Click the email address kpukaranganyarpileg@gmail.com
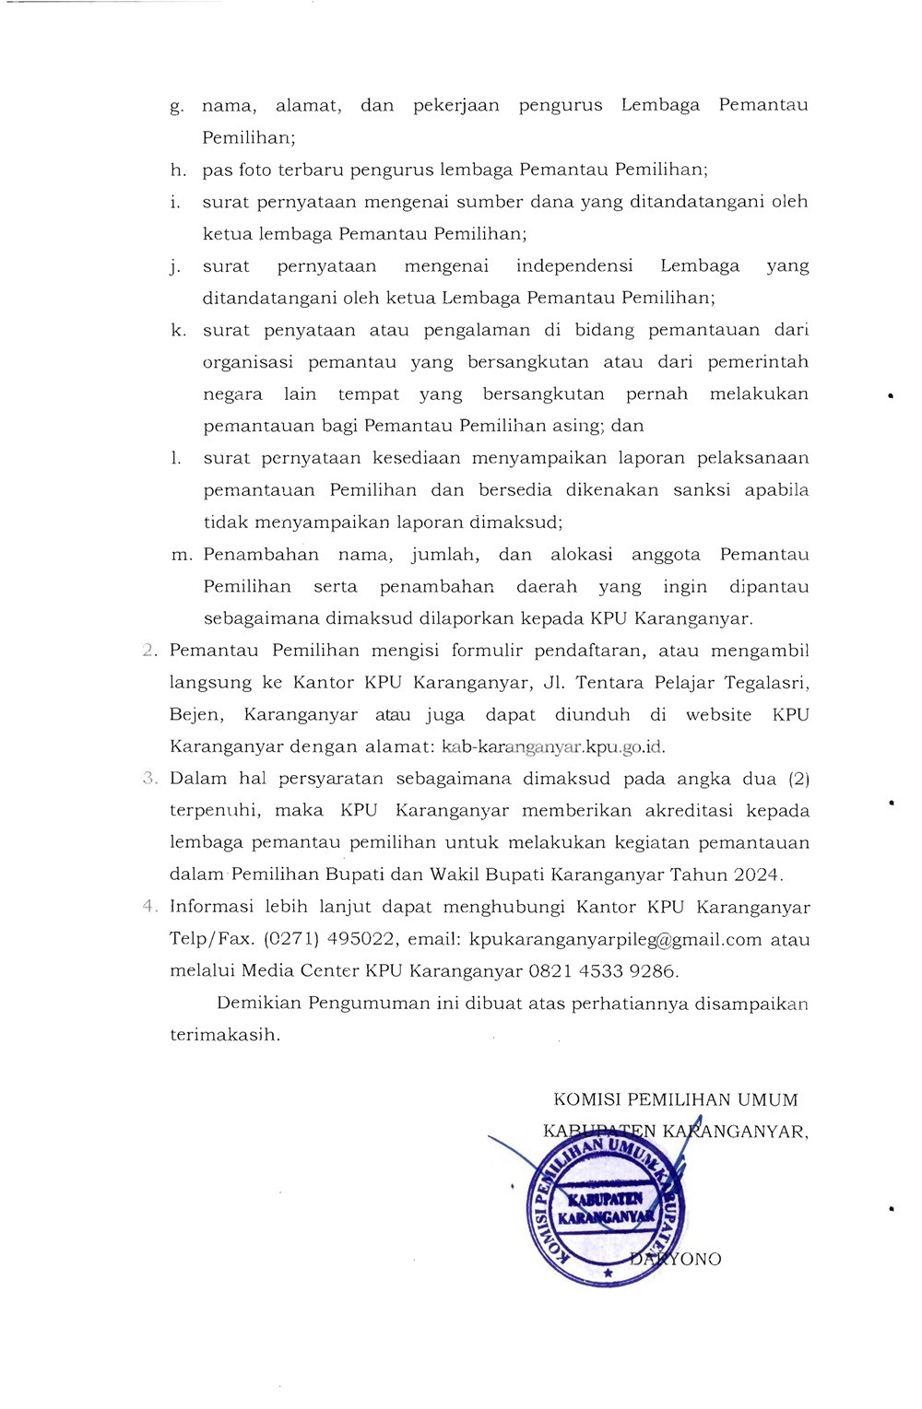(x=616, y=939)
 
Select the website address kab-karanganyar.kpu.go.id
(x=554, y=746)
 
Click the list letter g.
(x=176, y=106)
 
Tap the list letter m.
(x=181, y=555)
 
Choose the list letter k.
(x=177, y=330)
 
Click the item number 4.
(x=149, y=907)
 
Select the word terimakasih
(x=224, y=1035)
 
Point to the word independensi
(x=574, y=266)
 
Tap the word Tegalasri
(x=770, y=683)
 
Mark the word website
(x=718, y=715)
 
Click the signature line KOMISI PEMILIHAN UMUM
(x=676, y=1099)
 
